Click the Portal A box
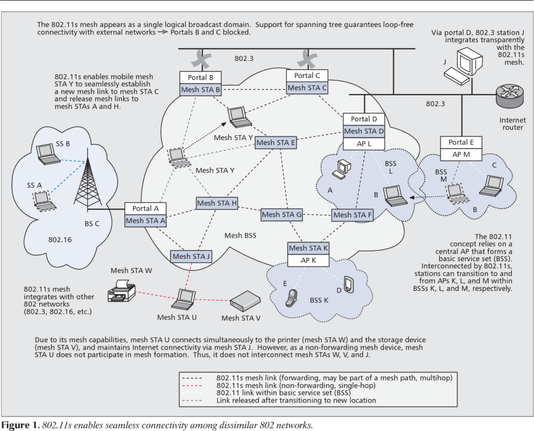tap(145, 208)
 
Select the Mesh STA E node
tap(276, 142)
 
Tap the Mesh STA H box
tap(217, 203)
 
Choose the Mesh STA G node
tap(282, 214)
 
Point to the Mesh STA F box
tap(353, 215)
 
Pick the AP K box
tap(308, 260)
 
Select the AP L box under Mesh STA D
tap(364, 144)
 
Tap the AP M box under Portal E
tap(462, 155)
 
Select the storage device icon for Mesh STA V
tap(245, 300)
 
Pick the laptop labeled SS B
tap(48, 154)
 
